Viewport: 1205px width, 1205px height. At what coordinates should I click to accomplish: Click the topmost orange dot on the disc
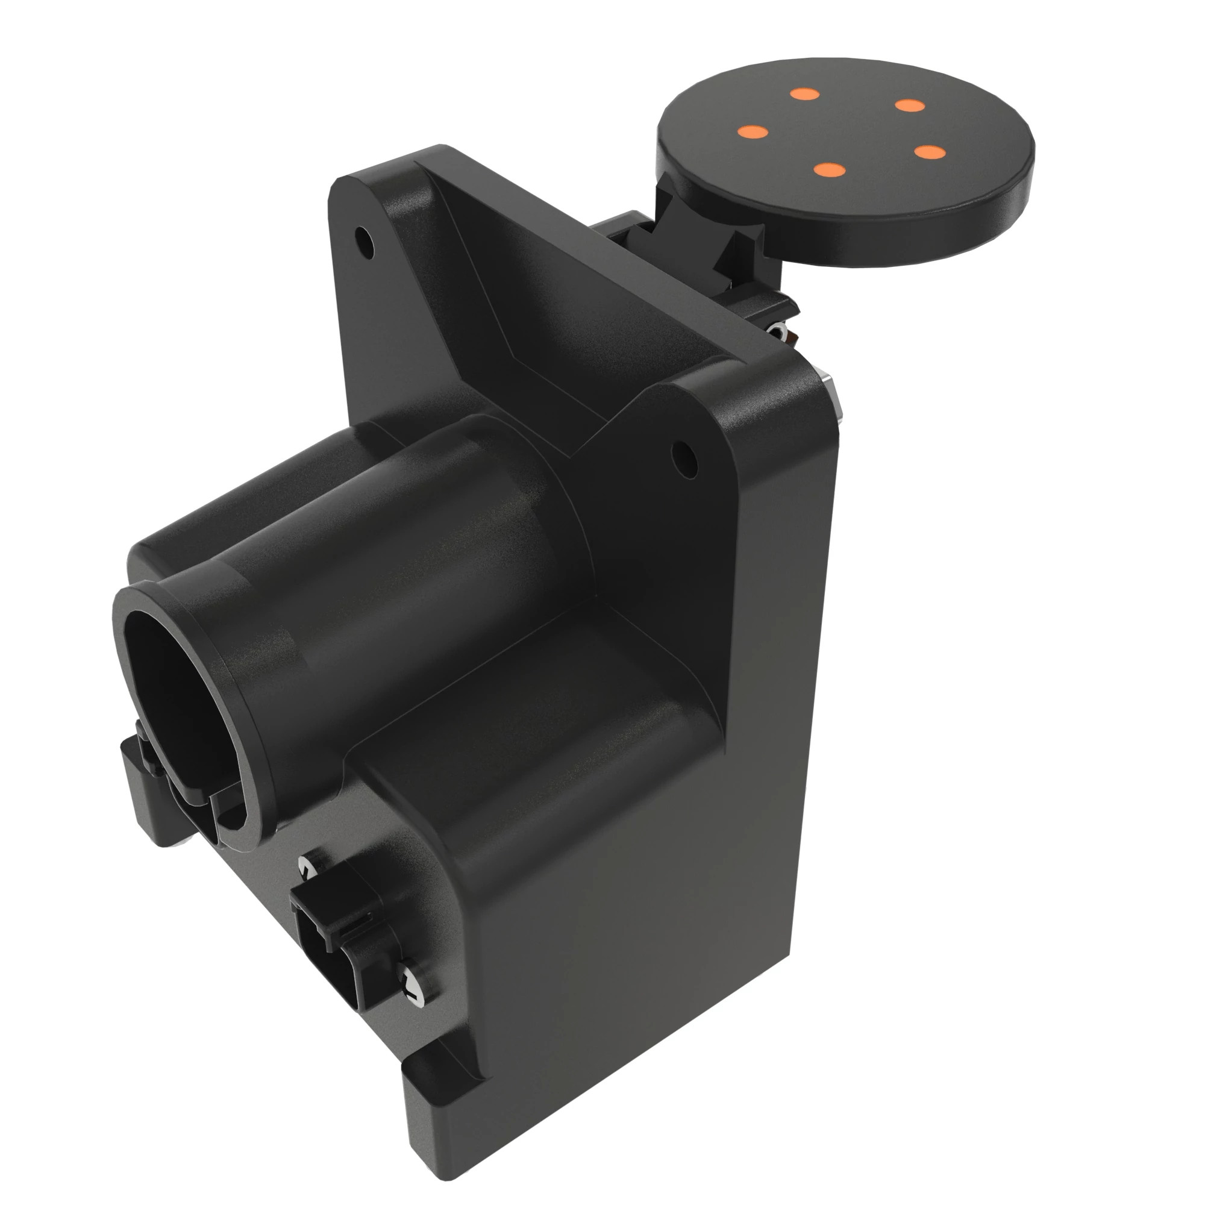[x=804, y=94]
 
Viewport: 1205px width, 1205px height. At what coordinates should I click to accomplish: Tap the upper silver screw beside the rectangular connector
[x=307, y=869]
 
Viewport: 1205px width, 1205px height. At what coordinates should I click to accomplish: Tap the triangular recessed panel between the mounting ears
[x=536, y=312]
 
